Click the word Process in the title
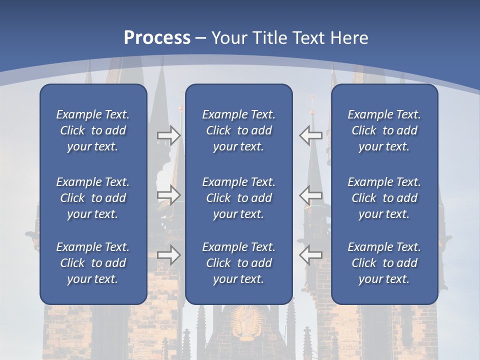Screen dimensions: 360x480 pos(157,38)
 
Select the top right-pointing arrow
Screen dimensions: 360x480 pos(168,135)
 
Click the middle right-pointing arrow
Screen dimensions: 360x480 pos(168,195)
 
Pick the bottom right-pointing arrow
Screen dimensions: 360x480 pos(168,255)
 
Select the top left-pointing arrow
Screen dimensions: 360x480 pos(310,135)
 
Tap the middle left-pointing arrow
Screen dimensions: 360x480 pos(310,195)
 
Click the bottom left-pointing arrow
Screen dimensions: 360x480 pos(310,255)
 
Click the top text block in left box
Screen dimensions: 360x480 pos(93,130)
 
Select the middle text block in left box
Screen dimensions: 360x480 pos(93,198)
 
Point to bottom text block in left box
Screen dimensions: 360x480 pos(93,263)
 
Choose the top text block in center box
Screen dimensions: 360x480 pos(238,130)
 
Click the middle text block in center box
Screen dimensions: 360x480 pos(238,198)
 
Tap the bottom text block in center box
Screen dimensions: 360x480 pos(238,263)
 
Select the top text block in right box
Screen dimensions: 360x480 pos(384,130)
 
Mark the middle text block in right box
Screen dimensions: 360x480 pos(384,198)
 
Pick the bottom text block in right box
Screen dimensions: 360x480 pos(384,263)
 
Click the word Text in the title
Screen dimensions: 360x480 pos(309,38)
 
